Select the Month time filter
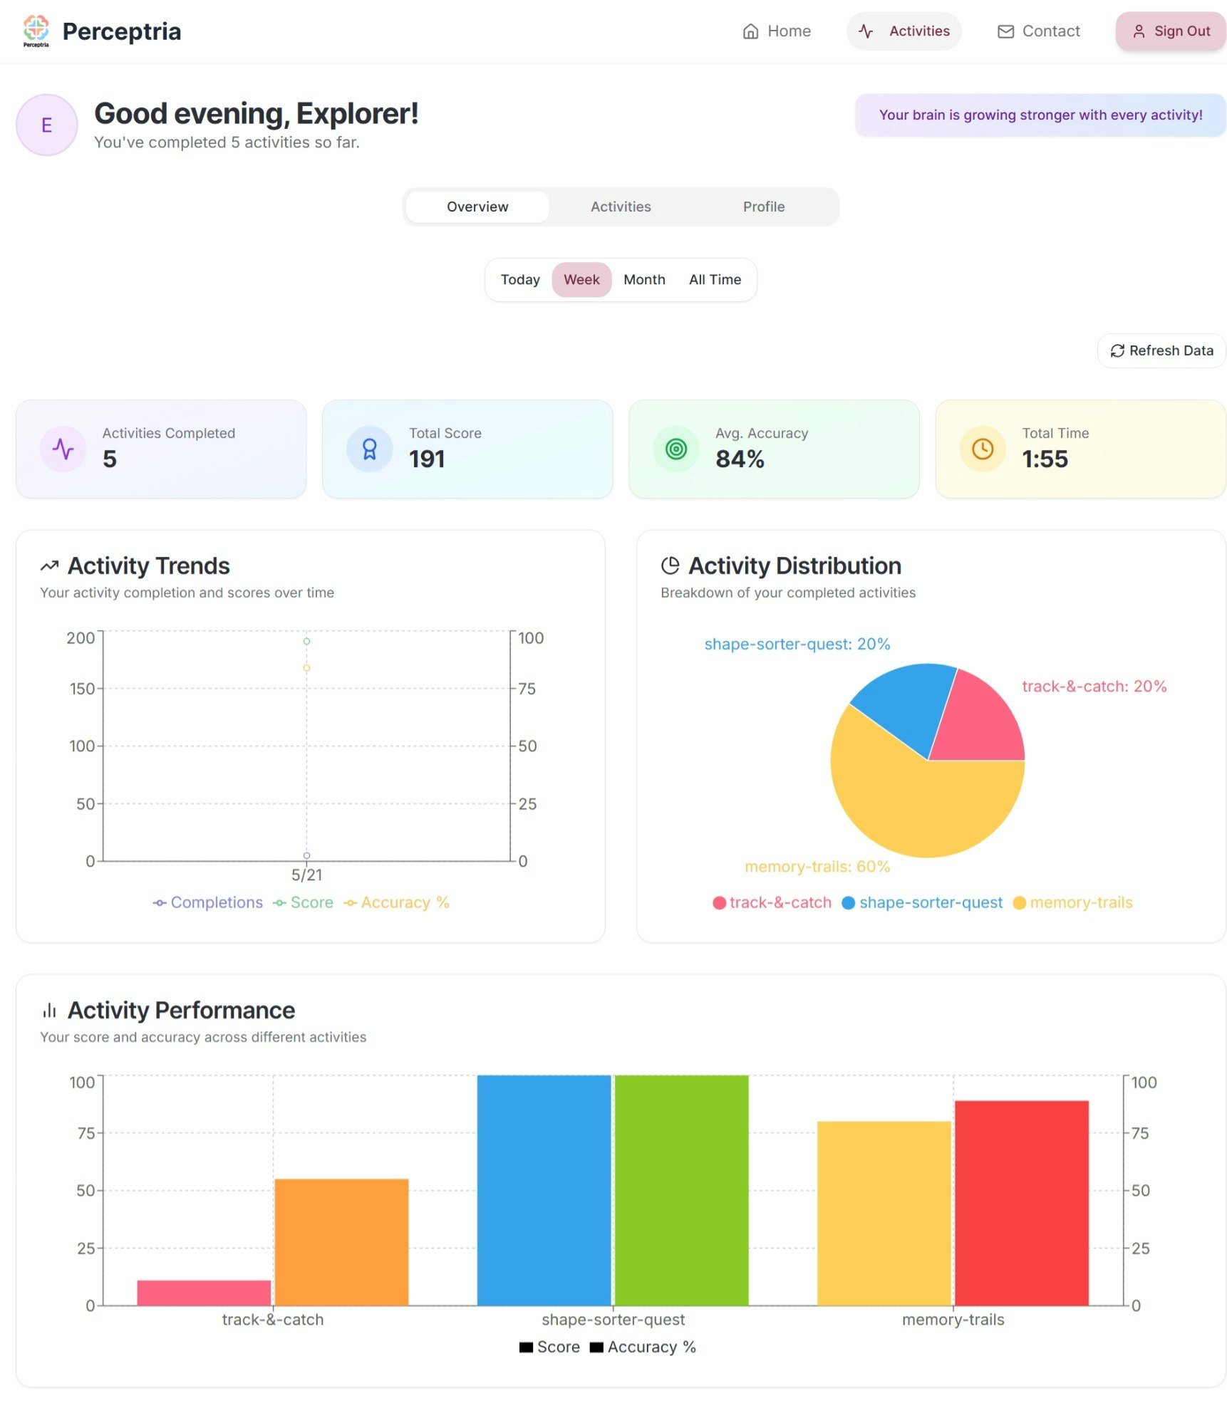643,279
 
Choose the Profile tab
763,207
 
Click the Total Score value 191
426,459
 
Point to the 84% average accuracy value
739,459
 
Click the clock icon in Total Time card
982,449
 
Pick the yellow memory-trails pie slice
919,805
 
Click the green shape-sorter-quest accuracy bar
681,1189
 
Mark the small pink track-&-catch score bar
204,1292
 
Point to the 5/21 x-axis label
306,875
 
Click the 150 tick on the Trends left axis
82,689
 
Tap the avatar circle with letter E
47,125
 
